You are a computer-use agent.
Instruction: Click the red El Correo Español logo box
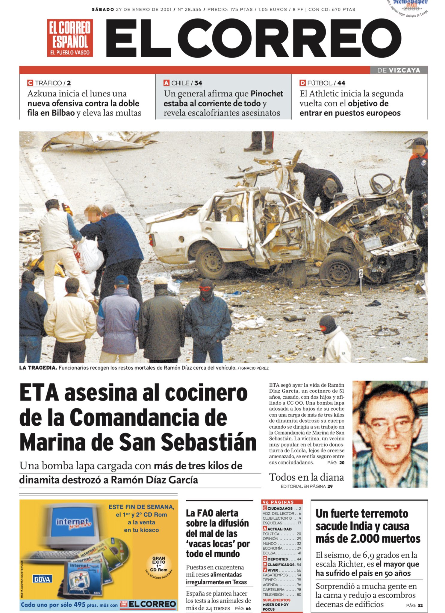coord(70,38)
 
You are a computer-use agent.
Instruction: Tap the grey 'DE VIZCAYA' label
coord(399,70)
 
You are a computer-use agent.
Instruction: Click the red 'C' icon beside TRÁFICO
coord(30,83)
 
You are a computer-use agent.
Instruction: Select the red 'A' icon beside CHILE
coord(166,83)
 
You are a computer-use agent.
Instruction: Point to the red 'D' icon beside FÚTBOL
coord(302,83)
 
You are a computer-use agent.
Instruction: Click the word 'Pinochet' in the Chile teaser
coord(267,94)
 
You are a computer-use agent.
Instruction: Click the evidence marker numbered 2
coord(361,273)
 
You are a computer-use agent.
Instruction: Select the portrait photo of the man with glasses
coord(390,434)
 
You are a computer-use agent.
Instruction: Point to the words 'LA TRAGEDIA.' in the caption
coord(38,368)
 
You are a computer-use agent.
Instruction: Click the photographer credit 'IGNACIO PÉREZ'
coord(254,368)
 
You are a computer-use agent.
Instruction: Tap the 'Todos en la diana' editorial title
coord(306,477)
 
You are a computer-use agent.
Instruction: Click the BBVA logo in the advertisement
coord(42,579)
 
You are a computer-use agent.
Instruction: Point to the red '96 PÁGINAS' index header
coord(278,502)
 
